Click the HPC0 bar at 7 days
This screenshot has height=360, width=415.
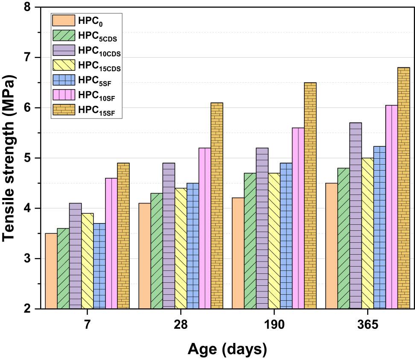(x=51, y=271)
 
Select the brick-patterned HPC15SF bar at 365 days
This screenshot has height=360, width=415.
(x=403, y=188)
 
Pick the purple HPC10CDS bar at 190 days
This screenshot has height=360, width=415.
(x=262, y=228)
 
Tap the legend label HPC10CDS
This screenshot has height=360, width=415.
(x=99, y=51)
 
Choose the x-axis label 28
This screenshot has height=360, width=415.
(x=181, y=325)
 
